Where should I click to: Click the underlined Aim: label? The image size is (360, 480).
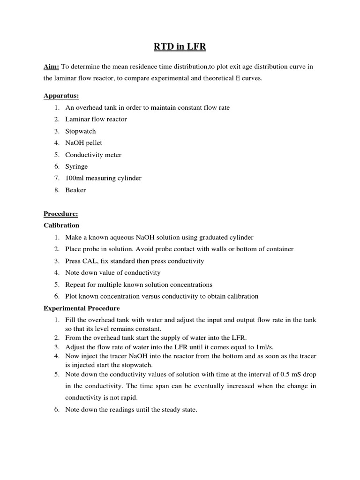click(51, 67)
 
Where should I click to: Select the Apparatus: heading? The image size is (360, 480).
click(61, 96)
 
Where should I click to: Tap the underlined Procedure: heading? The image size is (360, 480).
click(61, 214)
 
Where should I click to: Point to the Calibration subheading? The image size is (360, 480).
click(61, 225)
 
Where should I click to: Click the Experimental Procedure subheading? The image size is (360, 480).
click(82, 308)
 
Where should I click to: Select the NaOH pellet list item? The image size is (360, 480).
click(83, 143)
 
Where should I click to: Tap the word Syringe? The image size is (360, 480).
click(76, 166)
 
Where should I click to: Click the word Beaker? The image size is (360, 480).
click(75, 190)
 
